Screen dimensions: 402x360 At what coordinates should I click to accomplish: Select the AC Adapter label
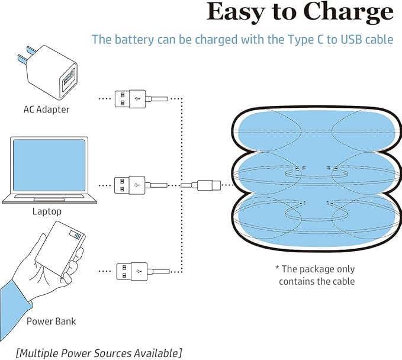point(46,110)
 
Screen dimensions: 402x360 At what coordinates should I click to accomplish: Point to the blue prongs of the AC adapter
point(25,55)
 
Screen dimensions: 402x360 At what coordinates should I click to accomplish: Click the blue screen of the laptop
point(49,165)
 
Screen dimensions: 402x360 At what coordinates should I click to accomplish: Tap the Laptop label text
point(47,211)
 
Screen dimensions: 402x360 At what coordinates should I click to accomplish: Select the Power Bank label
point(52,322)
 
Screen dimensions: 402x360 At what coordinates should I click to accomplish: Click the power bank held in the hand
point(60,249)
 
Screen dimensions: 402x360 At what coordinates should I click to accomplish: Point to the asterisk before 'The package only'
point(277,268)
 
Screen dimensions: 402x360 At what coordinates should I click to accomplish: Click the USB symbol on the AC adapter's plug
point(137,99)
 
